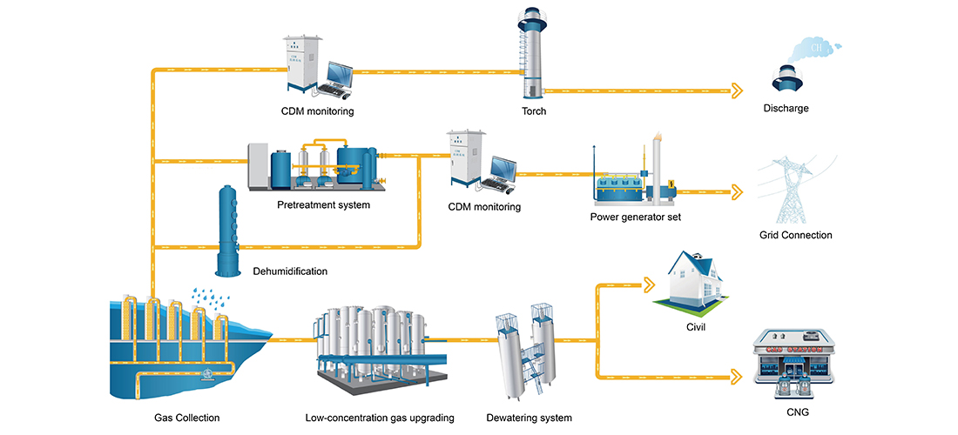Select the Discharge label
coord(786,109)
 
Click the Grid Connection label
coord(795,235)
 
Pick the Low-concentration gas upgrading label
coord(380,418)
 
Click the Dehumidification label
coord(290,271)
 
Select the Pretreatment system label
coord(323,205)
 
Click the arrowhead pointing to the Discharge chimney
coord(737,90)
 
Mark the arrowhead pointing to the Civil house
coord(646,284)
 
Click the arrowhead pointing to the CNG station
coord(737,377)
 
